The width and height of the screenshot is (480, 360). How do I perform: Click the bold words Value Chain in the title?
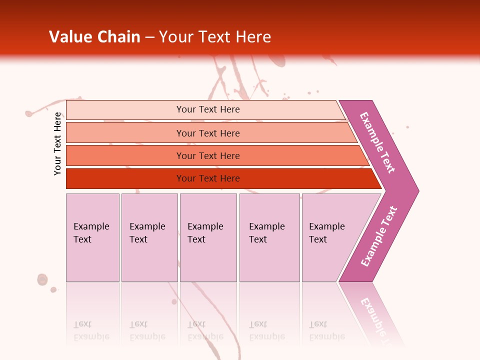pyautogui.click(x=94, y=37)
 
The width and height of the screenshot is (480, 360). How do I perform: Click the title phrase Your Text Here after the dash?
pyautogui.click(x=215, y=37)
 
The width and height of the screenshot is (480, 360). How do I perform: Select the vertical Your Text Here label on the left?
pyautogui.click(x=57, y=143)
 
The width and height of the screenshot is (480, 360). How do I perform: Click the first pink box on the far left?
pyautogui.click(x=92, y=260)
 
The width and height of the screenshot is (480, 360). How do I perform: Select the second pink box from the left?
pyautogui.click(x=149, y=260)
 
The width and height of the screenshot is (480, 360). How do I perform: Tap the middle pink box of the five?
pyautogui.click(x=208, y=260)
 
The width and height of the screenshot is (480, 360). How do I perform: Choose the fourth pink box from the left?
pyautogui.click(x=269, y=260)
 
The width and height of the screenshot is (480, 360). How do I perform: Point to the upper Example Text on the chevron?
pyautogui.click(x=377, y=142)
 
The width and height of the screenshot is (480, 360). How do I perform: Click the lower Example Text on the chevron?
pyautogui.click(x=379, y=236)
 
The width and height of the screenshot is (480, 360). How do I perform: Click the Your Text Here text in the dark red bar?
pyautogui.click(x=208, y=178)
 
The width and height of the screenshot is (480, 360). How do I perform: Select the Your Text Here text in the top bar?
pyautogui.click(x=208, y=109)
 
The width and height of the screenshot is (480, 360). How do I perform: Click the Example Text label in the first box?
pyautogui.click(x=91, y=232)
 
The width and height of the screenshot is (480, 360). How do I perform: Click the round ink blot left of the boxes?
pyautogui.click(x=42, y=279)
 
